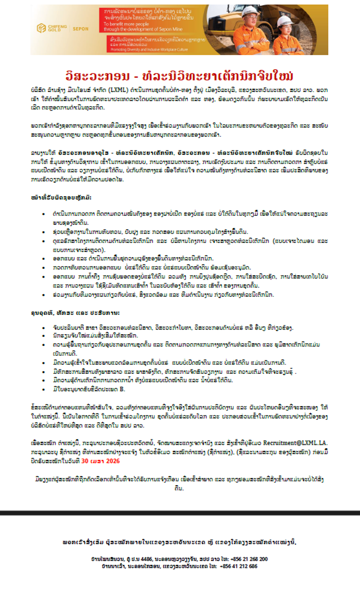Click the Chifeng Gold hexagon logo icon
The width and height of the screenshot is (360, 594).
(x=42, y=28)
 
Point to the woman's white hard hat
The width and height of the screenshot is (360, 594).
(x=284, y=21)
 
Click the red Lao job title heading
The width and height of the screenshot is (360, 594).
(x=180, y=75)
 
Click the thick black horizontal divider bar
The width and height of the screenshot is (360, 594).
(x=180, y=512)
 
